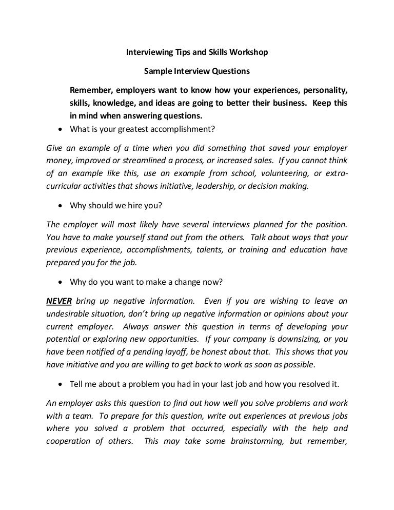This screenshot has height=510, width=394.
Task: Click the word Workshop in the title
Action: coord(249,52)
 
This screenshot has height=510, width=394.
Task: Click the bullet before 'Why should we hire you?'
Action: coord(62,206)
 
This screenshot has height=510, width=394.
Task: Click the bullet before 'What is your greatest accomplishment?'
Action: coord(62,128)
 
